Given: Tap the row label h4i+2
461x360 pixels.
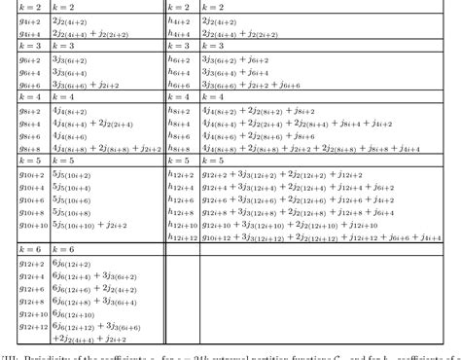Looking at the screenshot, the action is tap(179, 19).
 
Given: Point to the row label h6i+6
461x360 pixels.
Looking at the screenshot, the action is tap(179, 85).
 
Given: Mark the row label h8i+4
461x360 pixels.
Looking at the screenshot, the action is tap(179, 123).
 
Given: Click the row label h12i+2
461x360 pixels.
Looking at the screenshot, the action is tap(182, 173).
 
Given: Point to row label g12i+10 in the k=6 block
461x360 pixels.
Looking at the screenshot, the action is tap(32, 313).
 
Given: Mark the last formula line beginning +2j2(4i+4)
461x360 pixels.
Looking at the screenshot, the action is tap(86, 339).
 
